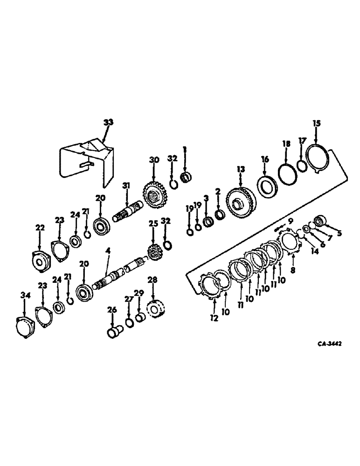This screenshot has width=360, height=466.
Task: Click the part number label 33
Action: pyautogui.click(x=108, y=122)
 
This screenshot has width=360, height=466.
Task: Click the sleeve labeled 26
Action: pyautogui.click(x=114, y=334)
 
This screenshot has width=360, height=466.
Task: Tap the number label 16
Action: pyautogui.click(x=265, y=159)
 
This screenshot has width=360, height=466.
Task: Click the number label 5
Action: pyautogui.click(x=339, y=233)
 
